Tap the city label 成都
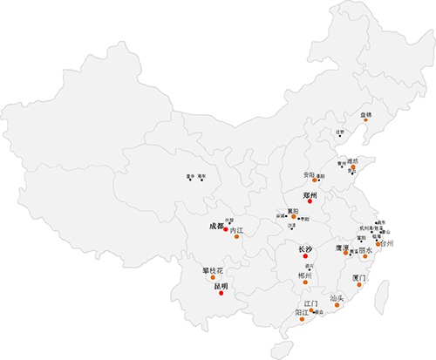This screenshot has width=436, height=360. click(x=216, y=227)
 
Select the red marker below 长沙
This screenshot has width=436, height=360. click(x=304, y=257)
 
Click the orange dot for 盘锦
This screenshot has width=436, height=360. click(x=366, y=121)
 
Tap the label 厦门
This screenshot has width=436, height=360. click(x=359, y=278)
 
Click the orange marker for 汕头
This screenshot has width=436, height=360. click(x=337, y=306)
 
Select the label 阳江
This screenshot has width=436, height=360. click(x=302, y=311)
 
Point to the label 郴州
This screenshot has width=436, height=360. click(x=303, y=275)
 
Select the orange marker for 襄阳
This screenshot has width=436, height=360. click(x=292, y=217)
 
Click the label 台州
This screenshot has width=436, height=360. click(x=387, y=243)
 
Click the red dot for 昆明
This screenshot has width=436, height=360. click(x=221, y=294)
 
